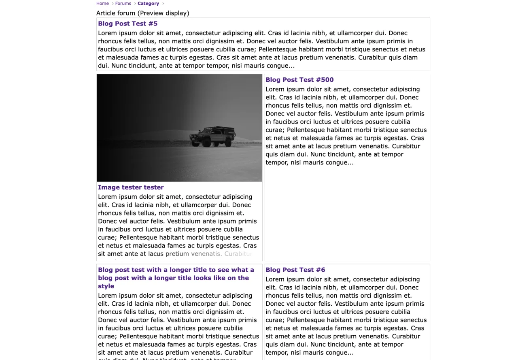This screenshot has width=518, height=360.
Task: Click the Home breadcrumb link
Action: pos(102,4)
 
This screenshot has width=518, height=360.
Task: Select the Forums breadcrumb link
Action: pos(123,4)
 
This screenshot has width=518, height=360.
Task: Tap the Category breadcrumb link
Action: pos(148,4)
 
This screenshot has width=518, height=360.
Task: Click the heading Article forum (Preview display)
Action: pos(142,13)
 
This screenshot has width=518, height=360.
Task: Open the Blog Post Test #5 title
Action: pos(127,23)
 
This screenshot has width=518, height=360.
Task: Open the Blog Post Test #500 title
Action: pos(299,80)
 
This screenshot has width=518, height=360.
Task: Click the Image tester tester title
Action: pos(131,187)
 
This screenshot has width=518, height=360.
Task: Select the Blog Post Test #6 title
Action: pos(295,270)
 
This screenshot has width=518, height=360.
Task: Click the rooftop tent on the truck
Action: pos(219,129)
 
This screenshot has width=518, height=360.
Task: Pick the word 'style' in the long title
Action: pos(106,286)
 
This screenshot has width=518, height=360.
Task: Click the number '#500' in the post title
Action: pos(324,80)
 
